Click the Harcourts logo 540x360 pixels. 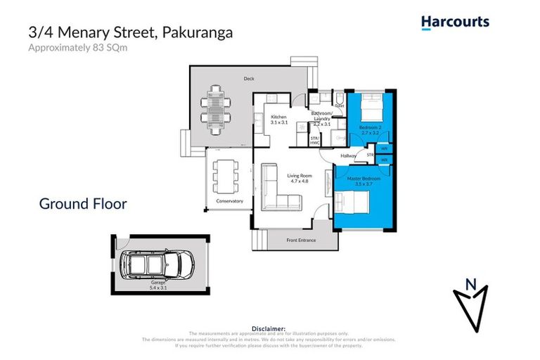coord(455,22)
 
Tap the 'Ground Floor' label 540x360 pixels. coord(83,204)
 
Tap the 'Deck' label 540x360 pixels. coord(248,79)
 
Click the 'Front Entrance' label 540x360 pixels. coord(301,240)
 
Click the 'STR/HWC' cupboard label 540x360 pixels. coord(314,141)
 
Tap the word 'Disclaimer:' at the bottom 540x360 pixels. coord(269,328)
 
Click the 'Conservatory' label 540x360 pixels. coord(229,201)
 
